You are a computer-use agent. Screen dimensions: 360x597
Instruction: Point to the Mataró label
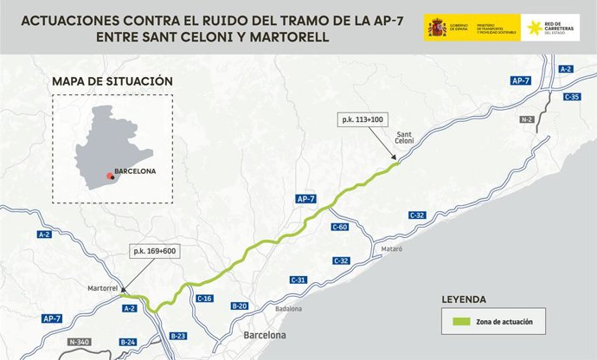pos(392,248)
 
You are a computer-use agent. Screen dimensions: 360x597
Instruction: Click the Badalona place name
pos(287,309)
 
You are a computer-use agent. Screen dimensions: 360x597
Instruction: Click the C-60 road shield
pos(340,227)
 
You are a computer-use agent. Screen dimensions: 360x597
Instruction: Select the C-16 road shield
pos(205,299)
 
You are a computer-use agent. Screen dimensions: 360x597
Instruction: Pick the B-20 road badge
pos(240,305)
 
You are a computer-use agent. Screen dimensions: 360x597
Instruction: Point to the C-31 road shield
pos(298,280)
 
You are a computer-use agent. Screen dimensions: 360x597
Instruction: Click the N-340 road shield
pos(80,342)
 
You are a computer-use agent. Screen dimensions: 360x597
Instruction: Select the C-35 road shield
pos(571,97)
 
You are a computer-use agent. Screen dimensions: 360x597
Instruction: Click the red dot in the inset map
pos(110,176)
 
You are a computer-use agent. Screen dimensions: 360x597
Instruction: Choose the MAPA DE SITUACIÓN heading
pos(112,81)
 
